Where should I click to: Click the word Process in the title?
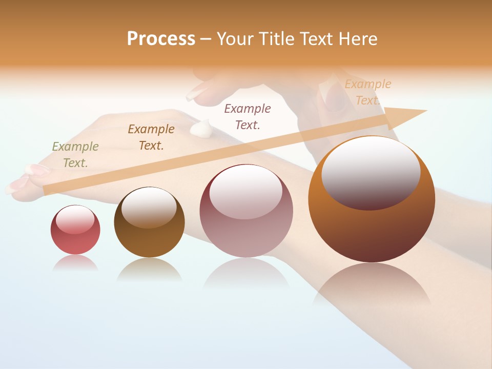(x=161, y=39)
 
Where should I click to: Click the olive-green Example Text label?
(x=75, y=155)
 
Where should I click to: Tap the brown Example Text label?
(x=151, y=137)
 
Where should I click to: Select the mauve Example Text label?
(x=248, y=117)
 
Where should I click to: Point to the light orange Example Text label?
(x=367, y=92)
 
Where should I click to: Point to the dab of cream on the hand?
(x=202, y=128)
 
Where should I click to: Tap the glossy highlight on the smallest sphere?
(x=75, y=219)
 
